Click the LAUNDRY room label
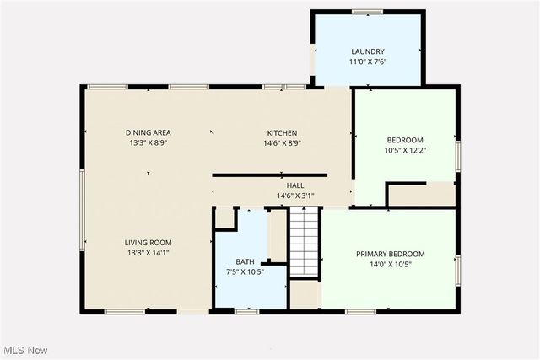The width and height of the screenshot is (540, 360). [368, 51]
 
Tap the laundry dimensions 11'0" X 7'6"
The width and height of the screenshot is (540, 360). [368, 61]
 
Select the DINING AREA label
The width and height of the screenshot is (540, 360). [148, 133]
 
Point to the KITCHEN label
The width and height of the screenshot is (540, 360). [282, 133]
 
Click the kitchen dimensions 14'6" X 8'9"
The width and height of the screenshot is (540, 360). [282, 143]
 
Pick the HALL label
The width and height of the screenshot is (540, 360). [295, 185]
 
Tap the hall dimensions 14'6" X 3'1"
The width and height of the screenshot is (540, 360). [295, 196]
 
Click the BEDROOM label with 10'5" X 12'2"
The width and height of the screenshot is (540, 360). [405, 140]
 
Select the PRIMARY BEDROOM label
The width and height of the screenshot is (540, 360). [390, 254]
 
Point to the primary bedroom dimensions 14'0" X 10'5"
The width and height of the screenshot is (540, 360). [390, 264]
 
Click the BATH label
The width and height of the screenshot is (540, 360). [245, 261]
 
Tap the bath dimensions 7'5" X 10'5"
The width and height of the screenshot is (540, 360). [245, 271]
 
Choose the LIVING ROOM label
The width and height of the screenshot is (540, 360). [148, 242]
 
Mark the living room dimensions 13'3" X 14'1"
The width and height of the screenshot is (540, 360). [148, 253]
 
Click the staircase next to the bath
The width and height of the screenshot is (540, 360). [303, 240]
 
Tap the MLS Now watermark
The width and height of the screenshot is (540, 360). [24, 350]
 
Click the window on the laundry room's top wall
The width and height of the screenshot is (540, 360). [368, 11]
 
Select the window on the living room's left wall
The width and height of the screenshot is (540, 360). [82, 211]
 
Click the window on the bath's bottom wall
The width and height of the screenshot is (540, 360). [246, 312]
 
